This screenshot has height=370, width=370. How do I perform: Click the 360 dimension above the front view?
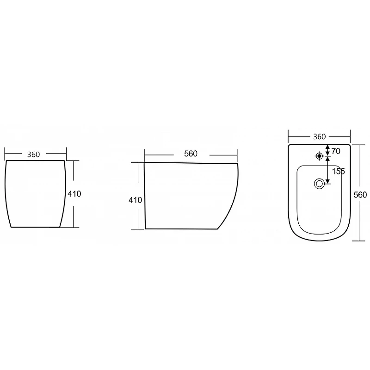pos(33,154)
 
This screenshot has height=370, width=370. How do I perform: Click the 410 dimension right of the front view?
pos(74,194)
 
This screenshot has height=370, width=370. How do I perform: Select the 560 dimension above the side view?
pos(191,154)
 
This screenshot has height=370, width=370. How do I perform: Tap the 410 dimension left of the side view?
pos(135,200)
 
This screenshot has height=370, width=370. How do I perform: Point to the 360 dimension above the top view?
pos(319,136)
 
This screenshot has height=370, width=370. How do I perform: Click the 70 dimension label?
pos(336,151)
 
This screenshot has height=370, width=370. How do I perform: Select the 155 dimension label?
pos(339,171)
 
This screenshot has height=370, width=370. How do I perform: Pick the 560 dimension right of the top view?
pos(360,195)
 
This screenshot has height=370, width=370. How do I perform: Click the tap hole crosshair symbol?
pos(319,156)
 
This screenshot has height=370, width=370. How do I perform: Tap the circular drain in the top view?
pos(319,184)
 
